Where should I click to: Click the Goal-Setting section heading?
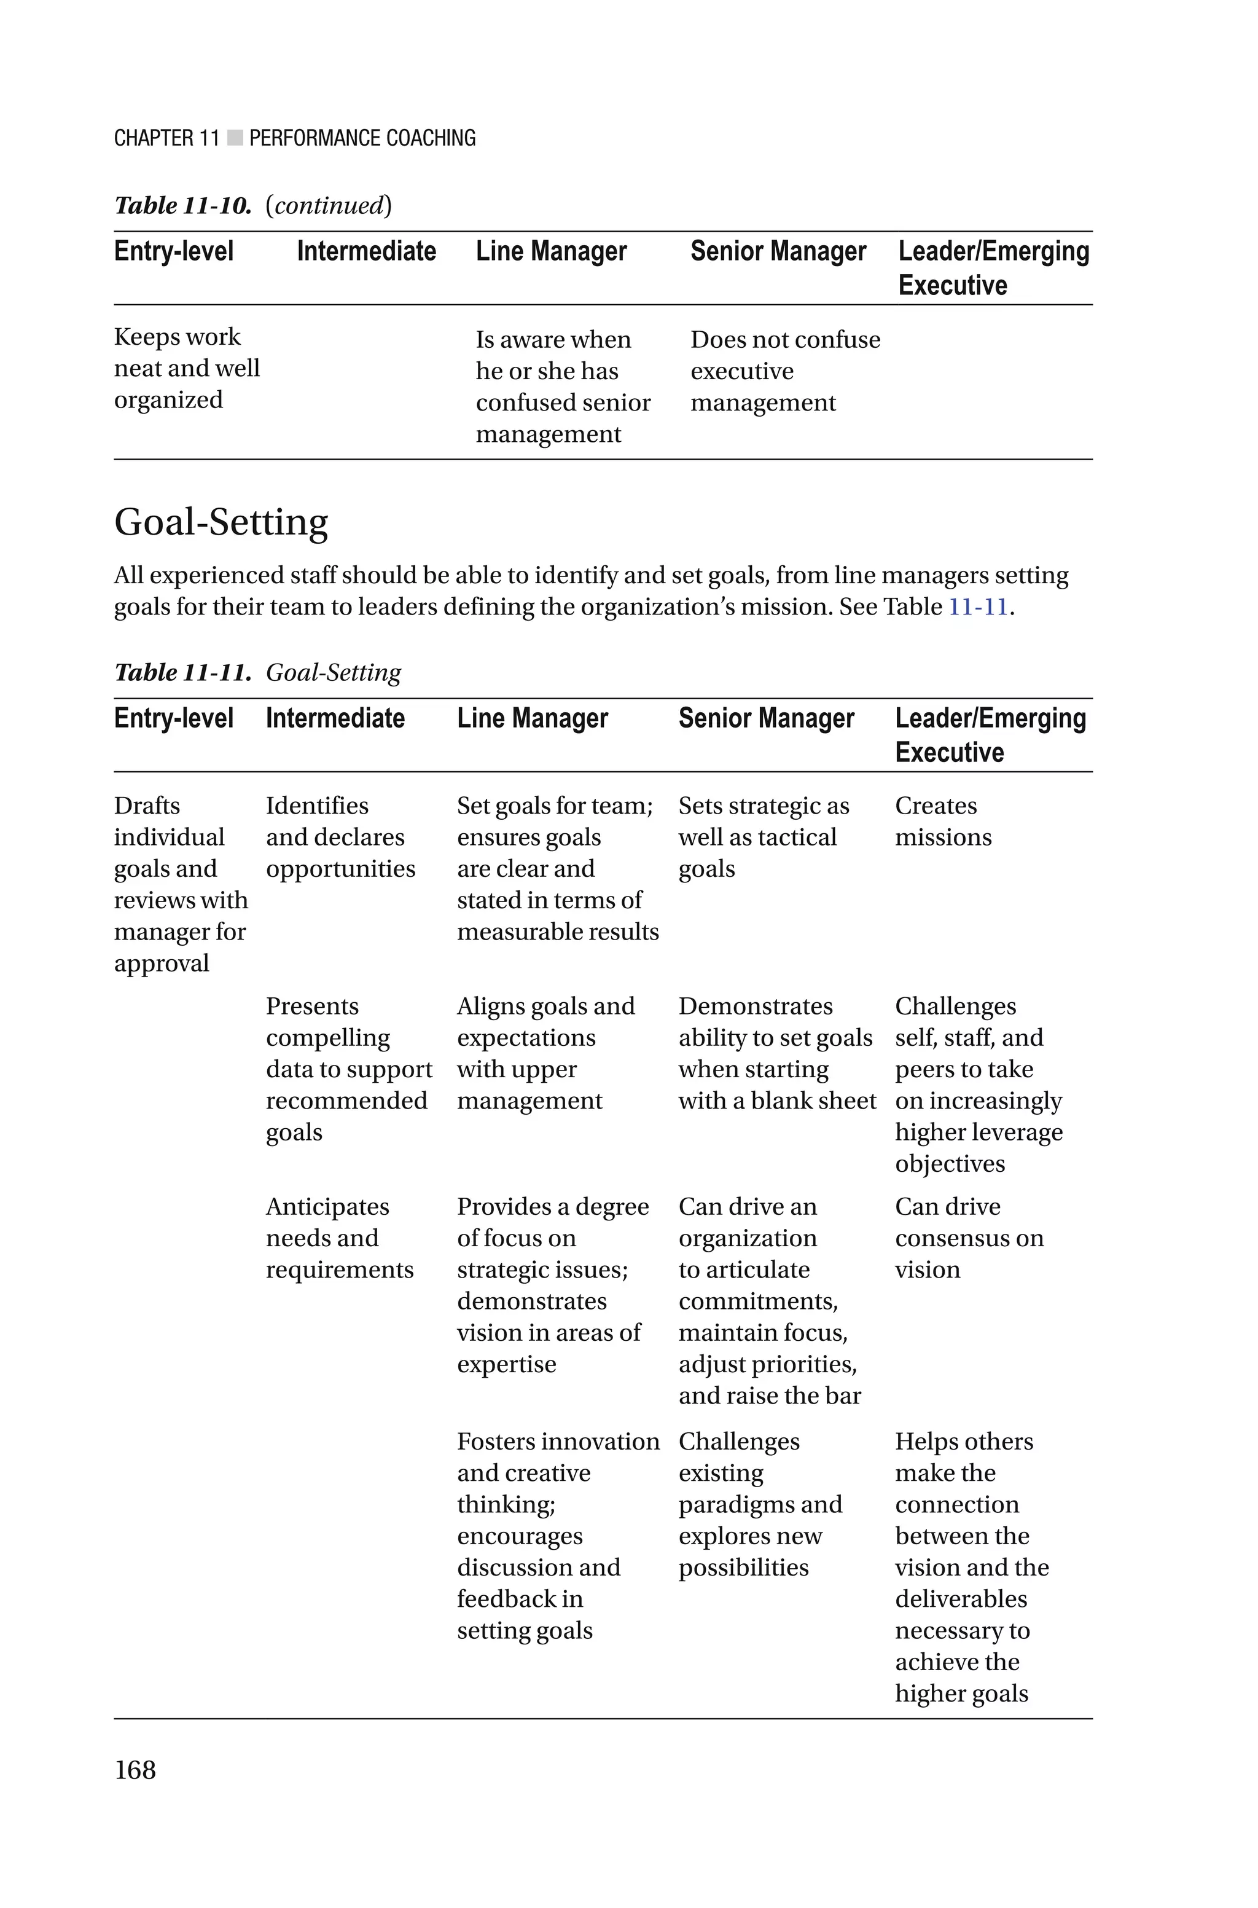click(x=221, y=522)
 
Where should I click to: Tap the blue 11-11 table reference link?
click(x=977, y=607)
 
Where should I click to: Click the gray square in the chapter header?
click(x=234, y=138)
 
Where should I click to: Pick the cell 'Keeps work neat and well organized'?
click(x=186, y=368)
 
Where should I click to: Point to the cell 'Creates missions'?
click(x=943, y=822)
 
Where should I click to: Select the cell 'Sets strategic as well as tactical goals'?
click(x=763, y=837)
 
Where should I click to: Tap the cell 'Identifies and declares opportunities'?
click(x=340, y=837)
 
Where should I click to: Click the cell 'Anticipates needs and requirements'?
click(x=338, y=1238)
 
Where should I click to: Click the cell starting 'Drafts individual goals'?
click(x=181, y=884)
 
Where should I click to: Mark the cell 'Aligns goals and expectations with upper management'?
click(x=545, y=1053)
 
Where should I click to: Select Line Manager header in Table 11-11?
click(x=532, y=718)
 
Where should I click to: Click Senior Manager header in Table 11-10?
click(x=778, y=251)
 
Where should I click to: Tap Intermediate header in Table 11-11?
click(x=335, y=718)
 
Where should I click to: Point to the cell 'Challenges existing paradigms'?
click(x=759, y=1504)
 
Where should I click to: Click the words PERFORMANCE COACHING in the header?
click(x=362, y=138)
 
